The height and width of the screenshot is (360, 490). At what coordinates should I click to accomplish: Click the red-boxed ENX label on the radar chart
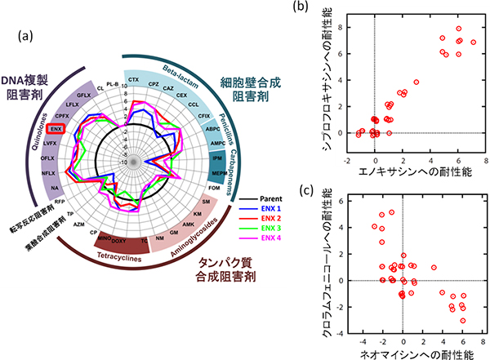[56, 128]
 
